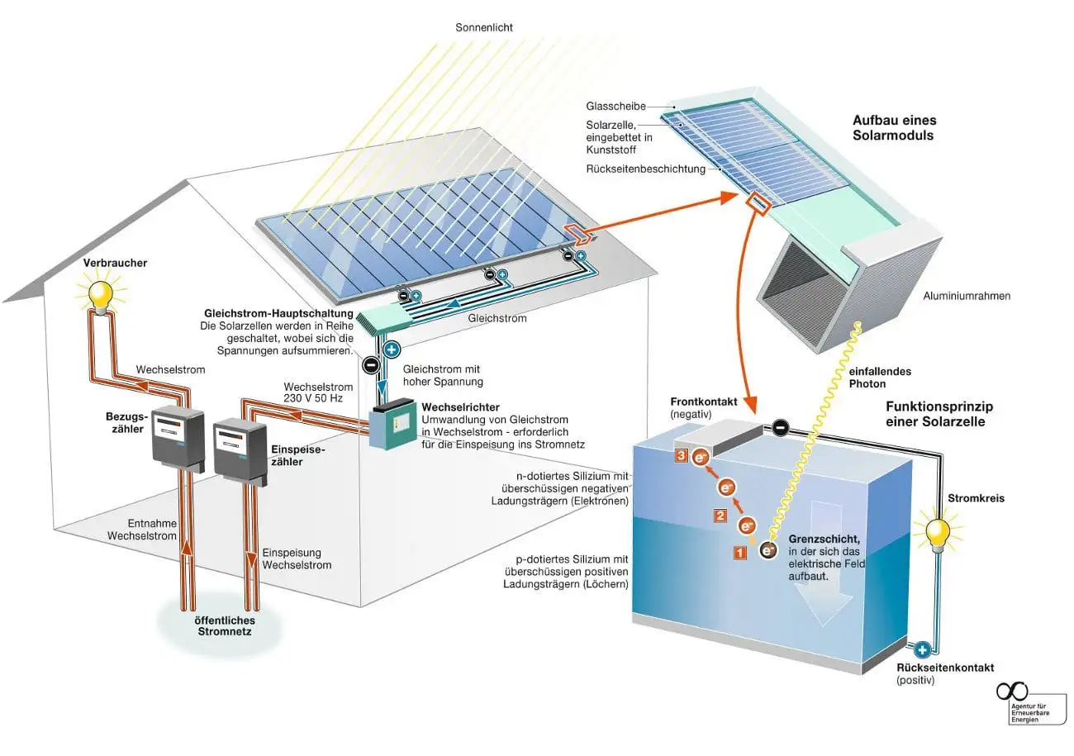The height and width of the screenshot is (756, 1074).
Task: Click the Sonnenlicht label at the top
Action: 483,27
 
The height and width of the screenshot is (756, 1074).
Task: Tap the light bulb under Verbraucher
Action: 100,294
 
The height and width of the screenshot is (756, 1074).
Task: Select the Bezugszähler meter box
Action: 177,435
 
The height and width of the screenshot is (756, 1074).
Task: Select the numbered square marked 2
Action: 720,516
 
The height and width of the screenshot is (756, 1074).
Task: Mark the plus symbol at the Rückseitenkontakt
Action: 922,649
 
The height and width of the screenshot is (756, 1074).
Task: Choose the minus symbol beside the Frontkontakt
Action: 781,427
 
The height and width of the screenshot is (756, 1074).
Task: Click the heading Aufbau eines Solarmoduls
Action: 893,127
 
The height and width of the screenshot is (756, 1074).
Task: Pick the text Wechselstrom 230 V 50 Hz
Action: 318,392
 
